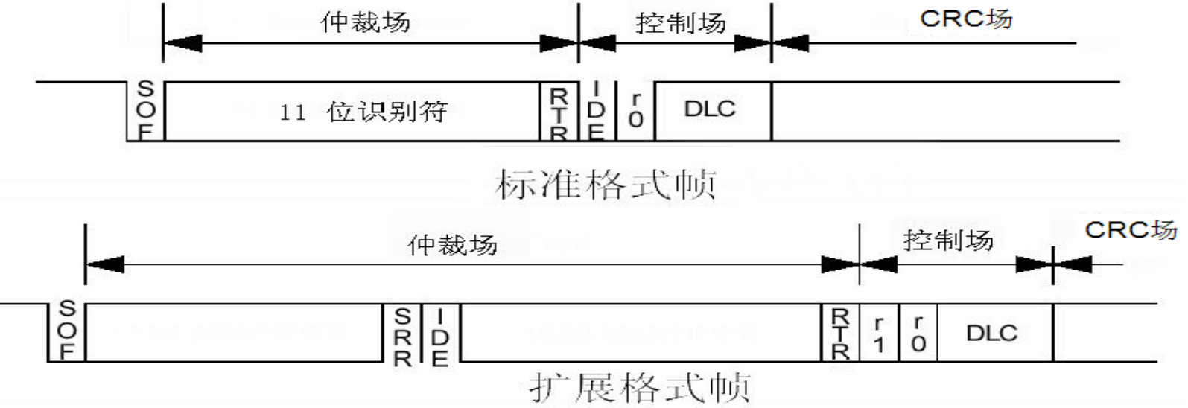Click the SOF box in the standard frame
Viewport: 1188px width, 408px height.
(146, 110)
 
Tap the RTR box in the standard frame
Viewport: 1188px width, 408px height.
(559, 112)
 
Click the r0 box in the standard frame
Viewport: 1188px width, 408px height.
(635, 110)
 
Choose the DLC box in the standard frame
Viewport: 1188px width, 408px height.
(710, 109)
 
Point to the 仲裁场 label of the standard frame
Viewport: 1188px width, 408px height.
(365, 22)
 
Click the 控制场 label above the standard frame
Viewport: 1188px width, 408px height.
(680, 23)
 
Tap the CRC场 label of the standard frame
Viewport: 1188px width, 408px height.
(966, 19)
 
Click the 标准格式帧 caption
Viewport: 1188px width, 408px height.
(605, 184)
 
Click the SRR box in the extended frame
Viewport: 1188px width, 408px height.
(402, 333)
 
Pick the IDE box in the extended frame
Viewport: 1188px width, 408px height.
(440, 333)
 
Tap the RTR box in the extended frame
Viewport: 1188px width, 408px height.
(840, 333)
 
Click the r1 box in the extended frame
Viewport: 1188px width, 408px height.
(879, 333)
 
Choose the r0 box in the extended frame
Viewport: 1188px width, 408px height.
(918, 333)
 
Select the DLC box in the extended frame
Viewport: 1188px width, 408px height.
(992, 333)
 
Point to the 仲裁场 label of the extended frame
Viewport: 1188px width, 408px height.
(452, 244)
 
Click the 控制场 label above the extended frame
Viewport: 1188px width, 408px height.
(947, 240)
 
